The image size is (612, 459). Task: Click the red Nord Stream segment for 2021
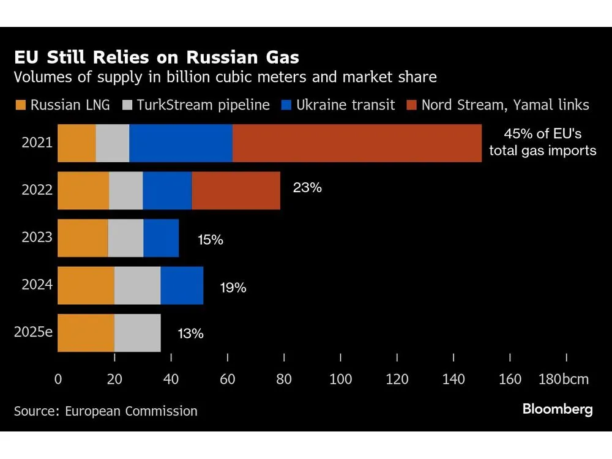(x=357, y=143)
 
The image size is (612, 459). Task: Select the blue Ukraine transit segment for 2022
(x=167, y=190)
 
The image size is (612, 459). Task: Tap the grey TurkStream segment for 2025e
(x=138, y=333)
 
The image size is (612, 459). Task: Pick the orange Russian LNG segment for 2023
(x=83, y=238)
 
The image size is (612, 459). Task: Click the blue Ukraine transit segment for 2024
(x=182, y=286)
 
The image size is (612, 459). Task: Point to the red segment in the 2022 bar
(x=236, y=190)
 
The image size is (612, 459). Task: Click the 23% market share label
(x=307, y=187)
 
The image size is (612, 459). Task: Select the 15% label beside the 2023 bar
(x=210, y=239)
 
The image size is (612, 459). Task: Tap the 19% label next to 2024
(x=233, y=286)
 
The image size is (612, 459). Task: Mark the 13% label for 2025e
(x=190, y=334)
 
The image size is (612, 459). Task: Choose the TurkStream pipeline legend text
(x=203, y=105)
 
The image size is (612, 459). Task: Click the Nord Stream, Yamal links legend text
(x=505, y=105)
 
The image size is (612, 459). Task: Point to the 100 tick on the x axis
(x=340, y=379)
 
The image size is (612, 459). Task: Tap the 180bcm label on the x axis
(x=563, y=379)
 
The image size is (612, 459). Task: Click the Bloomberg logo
(x=558, y=409)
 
